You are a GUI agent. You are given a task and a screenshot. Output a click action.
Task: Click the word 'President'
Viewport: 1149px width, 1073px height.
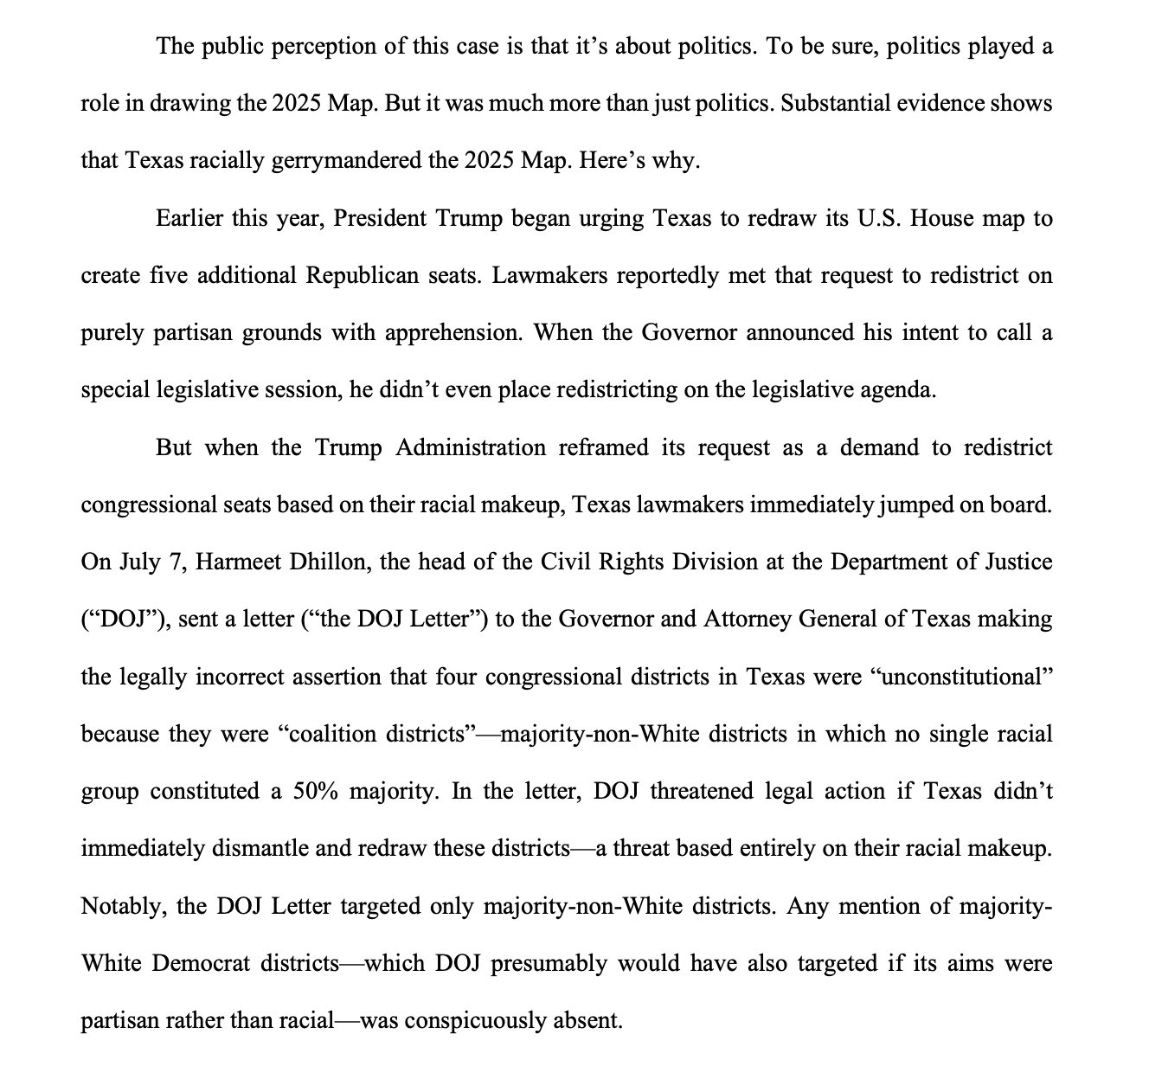378,218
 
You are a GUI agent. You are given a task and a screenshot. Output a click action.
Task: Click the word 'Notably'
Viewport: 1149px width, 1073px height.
121,906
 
